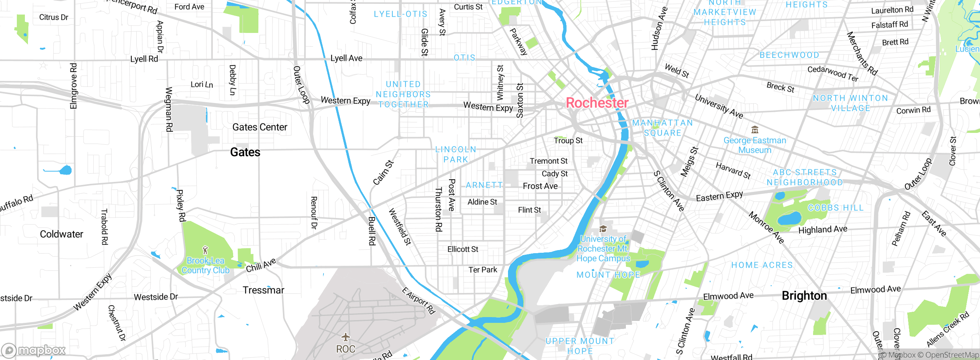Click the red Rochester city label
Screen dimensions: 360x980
(x=597, y=103)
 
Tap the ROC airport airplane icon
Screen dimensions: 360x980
(x=346, y=337)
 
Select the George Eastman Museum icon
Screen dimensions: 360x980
(x=755, y=129)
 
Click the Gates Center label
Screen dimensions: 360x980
(x=260, y=127)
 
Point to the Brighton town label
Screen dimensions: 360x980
(x=804, y=296)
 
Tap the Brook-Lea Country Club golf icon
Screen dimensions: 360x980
(x=206, y=250)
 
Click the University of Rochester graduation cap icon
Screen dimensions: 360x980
(x=603, y=229)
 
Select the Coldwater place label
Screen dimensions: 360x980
(x=61, y=234)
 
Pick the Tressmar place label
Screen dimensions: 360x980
(x=263, y=290)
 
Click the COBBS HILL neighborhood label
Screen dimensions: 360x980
(x=836, y=208)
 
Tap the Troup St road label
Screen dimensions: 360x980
(x=568, y=141)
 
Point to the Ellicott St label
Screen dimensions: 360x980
(x=463, y=249)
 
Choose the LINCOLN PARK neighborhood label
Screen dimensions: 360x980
(x=456, y=154)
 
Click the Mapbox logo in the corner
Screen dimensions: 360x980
(x=34, y=350)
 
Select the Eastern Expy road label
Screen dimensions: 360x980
(x=719, y=196)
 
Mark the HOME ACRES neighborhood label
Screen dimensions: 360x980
(x=762, y=265)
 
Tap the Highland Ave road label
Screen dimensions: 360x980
(x=823, y=229)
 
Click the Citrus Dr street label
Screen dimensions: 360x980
(x=54, y=17)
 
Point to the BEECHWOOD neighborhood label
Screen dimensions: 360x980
(x=789, y=55)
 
